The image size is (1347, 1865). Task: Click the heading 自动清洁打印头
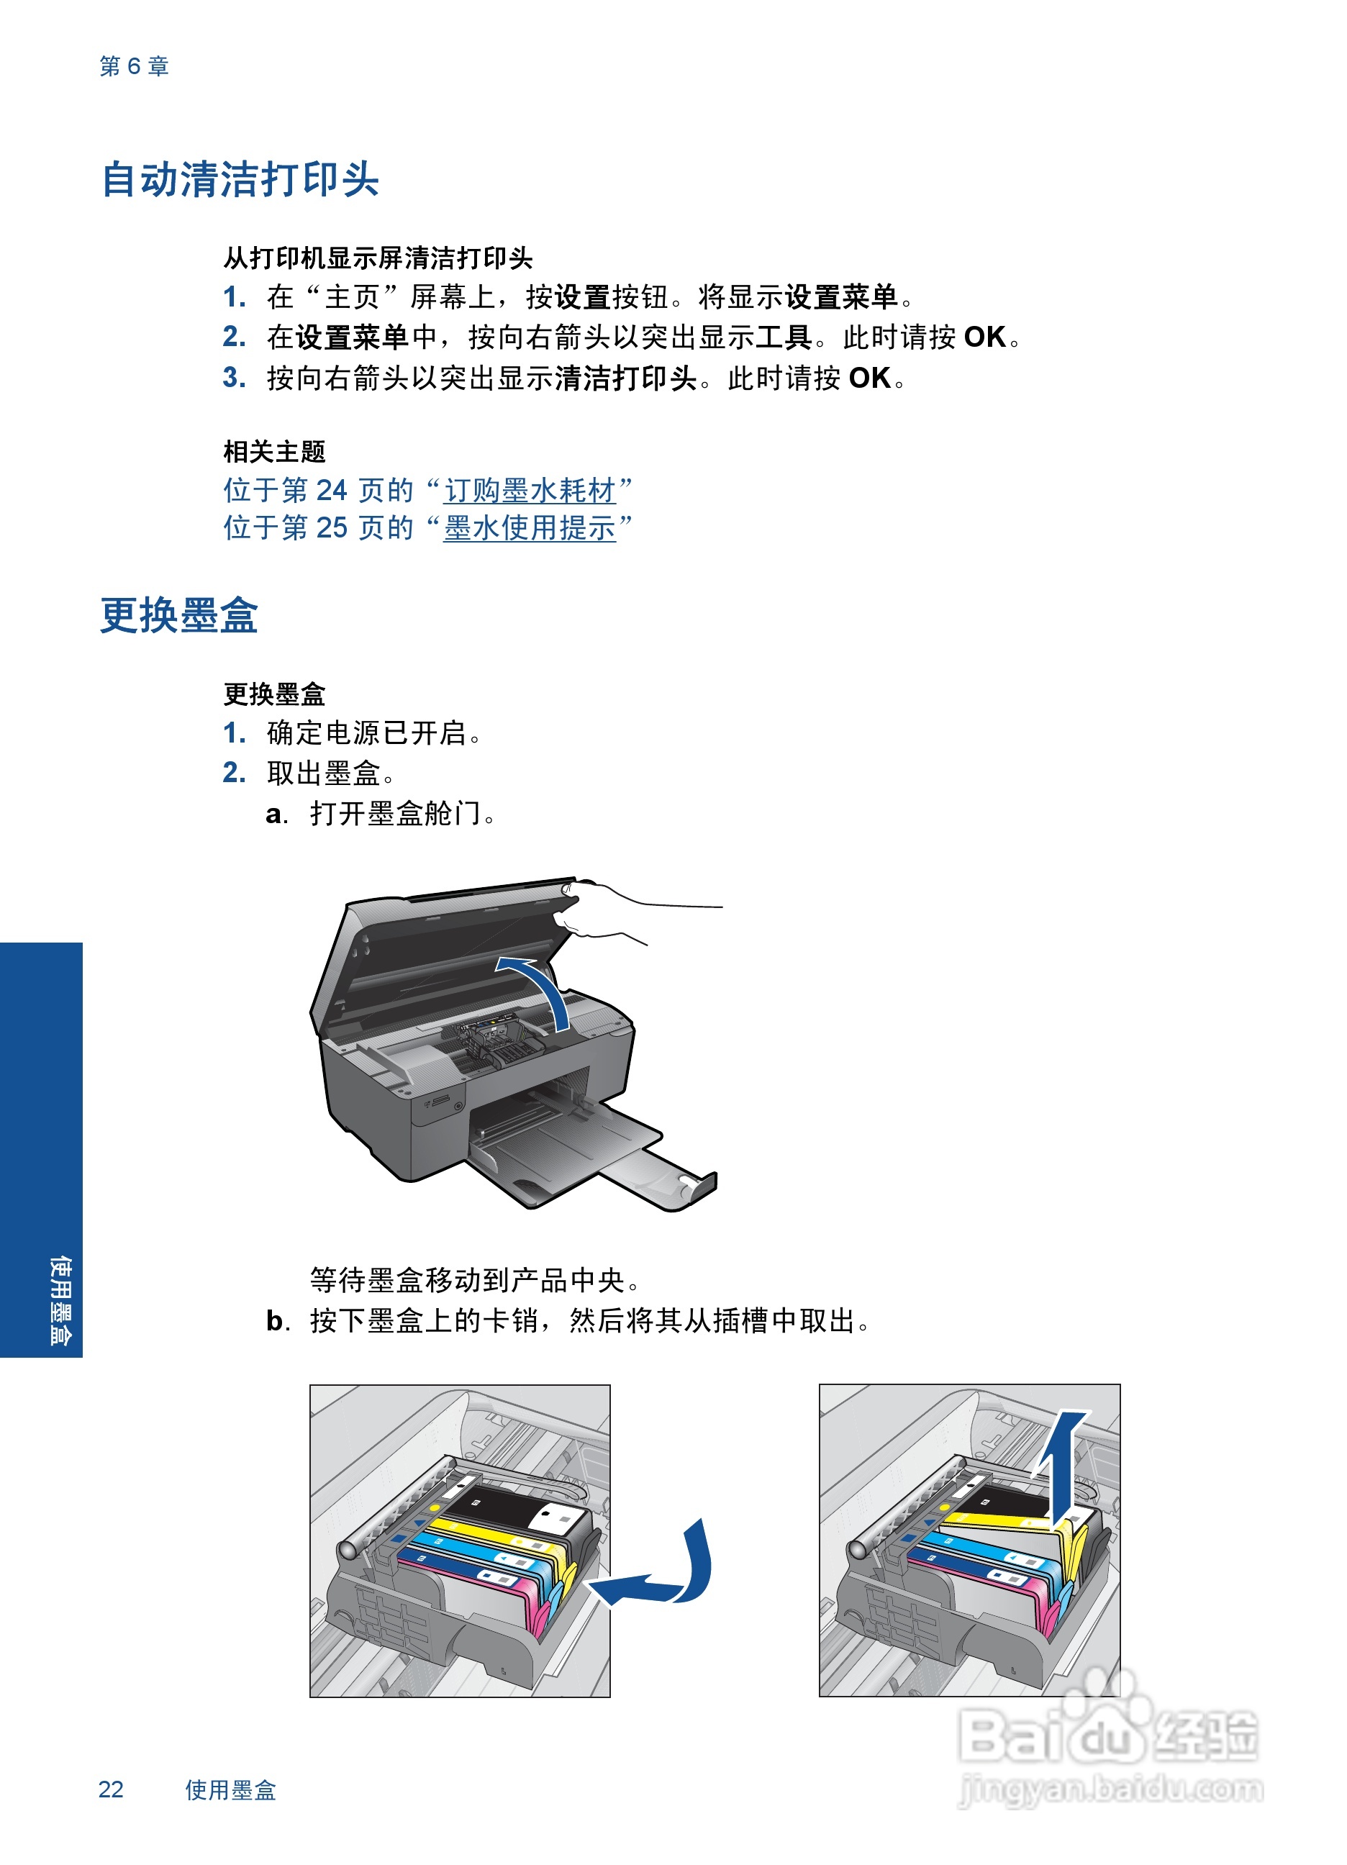tap(240, 180)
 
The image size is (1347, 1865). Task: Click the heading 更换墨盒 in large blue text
tap(178, 616)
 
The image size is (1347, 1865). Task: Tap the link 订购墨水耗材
tap(530, 491)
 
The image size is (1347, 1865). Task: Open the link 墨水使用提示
tap(530, 528)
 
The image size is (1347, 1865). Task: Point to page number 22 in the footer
tap(111, 1789)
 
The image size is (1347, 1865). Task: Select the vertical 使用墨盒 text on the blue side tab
tap(60, 1299)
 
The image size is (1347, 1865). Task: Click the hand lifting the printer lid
tap(609, 909)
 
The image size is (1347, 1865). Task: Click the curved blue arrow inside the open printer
tap(539, 986)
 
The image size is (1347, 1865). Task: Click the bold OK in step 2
tap(984, 338)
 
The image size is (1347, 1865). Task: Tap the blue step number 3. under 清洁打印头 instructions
tap(235, 378)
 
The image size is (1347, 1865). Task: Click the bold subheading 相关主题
tap(275, 451)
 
